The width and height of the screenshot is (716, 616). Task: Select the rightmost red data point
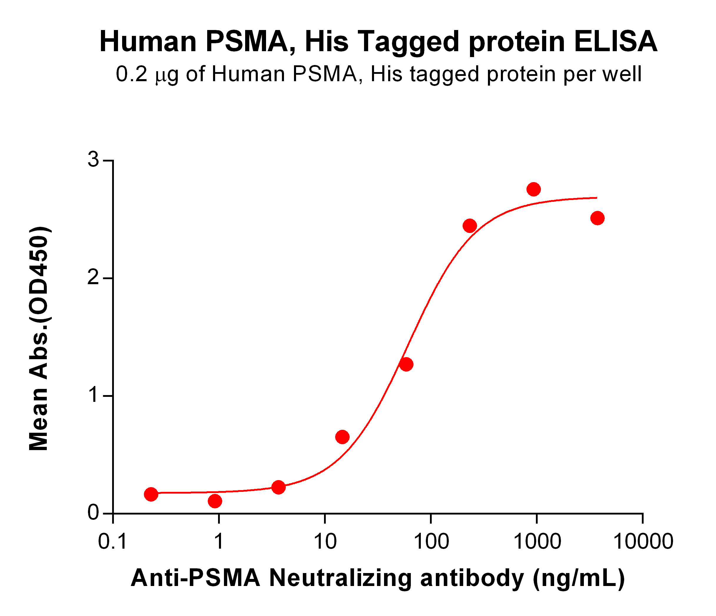(x=597, y=218)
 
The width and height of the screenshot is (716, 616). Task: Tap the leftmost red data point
(x=151, y=494)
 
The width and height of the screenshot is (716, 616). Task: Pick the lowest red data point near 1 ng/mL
(x=215, y=501)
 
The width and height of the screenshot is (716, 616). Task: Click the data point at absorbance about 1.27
(x=406, y=364)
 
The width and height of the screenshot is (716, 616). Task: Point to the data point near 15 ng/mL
(x=342, y=437)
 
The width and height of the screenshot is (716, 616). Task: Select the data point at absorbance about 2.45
(x=470, y=226)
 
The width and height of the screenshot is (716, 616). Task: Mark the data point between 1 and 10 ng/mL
(x=278, y=487)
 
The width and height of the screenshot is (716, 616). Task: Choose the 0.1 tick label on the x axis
(x=113, y=541)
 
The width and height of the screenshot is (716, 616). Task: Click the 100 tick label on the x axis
(x=431, y=541)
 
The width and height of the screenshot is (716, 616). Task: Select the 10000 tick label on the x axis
(x=643, y=541)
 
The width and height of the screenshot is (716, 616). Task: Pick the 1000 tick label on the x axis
(x=537, y=541)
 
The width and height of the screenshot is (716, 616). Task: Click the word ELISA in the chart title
(x=616, y=42)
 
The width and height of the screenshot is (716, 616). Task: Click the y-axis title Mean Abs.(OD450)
(x=39, y=339)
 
